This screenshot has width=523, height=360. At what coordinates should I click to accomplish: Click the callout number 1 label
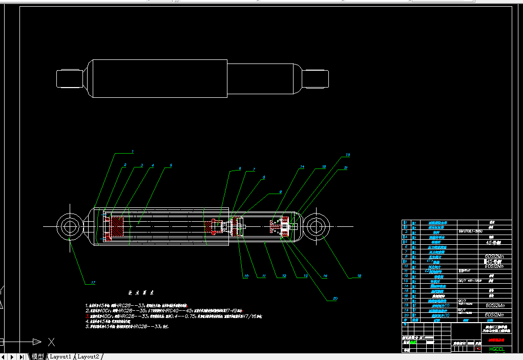pos(132,152)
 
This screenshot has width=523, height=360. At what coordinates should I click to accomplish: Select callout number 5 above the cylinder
pos(171,165)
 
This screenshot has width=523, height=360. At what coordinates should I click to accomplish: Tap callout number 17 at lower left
pos(93,282)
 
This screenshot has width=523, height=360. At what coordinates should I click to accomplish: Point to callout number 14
pos(302,167)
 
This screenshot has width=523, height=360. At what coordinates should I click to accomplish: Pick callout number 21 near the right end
pos(346,167)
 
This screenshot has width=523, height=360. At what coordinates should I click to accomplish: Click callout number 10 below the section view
pos(246,276)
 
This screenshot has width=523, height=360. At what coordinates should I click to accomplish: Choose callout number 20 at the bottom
pos(336,298)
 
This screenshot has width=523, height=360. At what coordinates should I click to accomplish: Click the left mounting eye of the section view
pos(69,226)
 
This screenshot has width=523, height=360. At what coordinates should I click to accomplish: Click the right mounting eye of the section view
pos(316,226)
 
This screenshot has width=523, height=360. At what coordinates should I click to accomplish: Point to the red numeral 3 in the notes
pos(87,316)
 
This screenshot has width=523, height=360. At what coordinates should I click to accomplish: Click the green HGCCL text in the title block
pos(497,349)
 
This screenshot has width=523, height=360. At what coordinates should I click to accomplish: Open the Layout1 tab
pos(60,356)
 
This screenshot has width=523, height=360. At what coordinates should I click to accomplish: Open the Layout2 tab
pos(89,356)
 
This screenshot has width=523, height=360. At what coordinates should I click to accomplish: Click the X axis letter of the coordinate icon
pos(51,342)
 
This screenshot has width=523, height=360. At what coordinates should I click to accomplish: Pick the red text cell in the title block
pos(496,340)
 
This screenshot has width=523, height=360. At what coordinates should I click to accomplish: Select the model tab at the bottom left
pos(38,356)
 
